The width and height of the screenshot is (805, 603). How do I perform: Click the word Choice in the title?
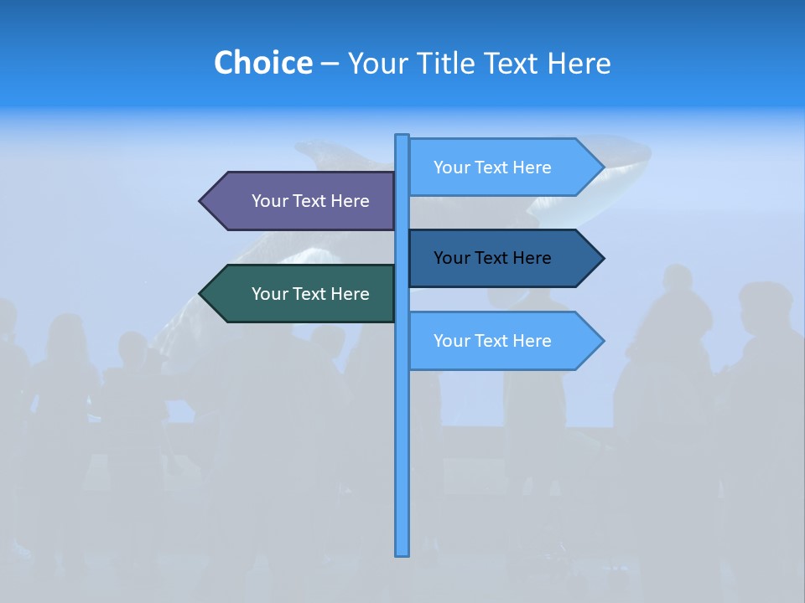(262, 63)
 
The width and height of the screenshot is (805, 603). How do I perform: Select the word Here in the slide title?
(579, 63)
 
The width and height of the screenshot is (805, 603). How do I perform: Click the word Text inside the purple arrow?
(310, 201)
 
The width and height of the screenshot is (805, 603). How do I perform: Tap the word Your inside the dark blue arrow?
(451, 258)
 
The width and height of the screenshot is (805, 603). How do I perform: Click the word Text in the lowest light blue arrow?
(492, 341)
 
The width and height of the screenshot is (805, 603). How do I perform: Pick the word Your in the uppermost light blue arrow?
(451, 167)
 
